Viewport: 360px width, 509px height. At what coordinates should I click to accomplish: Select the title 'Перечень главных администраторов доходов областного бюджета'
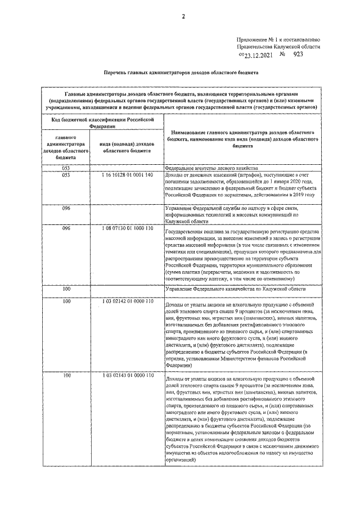[181, 73]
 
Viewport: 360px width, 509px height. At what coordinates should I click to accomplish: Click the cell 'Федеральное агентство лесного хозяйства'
[211, 168]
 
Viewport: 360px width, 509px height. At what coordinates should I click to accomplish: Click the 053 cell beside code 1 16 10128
[66, 175]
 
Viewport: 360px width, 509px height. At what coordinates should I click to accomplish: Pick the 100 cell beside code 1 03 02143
[66, 375]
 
